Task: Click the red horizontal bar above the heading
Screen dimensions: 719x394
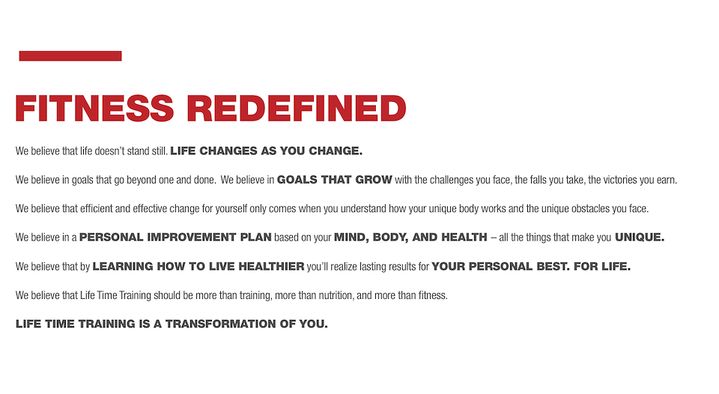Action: tap(70, 56)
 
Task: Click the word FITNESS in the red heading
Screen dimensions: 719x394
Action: tap(94, 109)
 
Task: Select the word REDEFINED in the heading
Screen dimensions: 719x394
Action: tap(297, 109)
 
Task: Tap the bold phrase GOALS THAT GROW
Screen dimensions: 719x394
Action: tap(334, 180)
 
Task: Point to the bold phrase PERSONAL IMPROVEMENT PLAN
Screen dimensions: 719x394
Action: tap(175, 237)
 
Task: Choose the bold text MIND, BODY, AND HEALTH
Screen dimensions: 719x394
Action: tap(410, 237)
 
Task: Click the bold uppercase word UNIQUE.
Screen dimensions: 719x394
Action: tap(639, 237)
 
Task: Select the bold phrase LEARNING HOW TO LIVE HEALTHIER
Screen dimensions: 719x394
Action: tap(198, 267)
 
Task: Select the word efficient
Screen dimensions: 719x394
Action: tap(97, 209)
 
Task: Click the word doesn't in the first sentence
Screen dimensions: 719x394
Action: tap(109, 151)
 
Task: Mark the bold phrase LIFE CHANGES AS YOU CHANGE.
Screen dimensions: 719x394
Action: tap(266, 151)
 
